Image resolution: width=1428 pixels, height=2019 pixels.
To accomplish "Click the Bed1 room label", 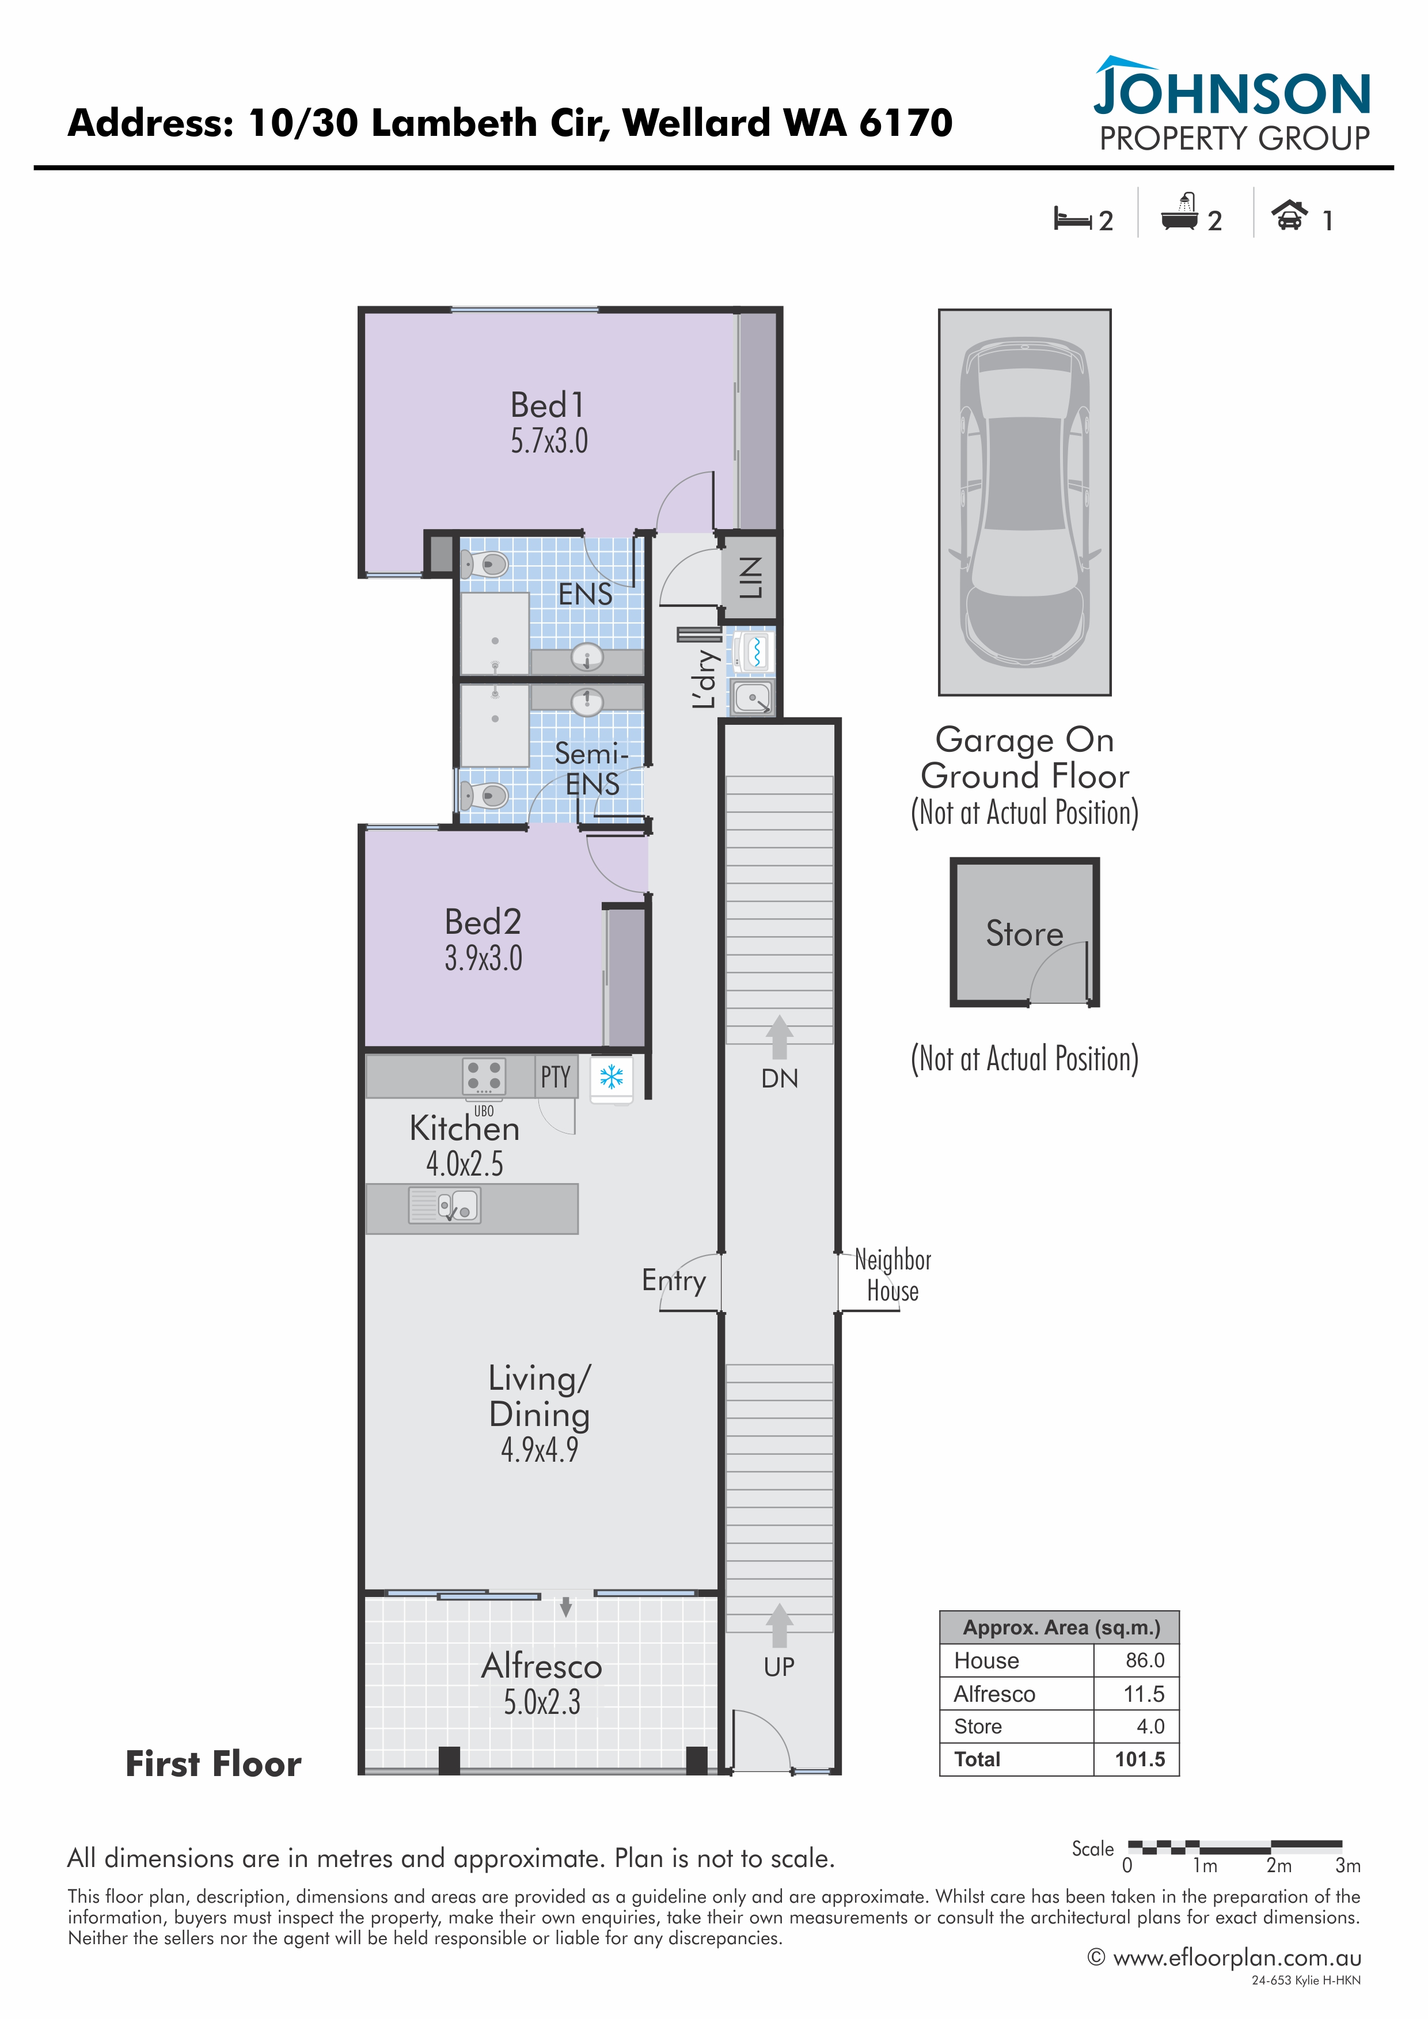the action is [547, 405].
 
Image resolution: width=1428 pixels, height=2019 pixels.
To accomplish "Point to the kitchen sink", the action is [444, 1205].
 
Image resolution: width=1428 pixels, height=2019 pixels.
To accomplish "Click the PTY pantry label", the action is [556, 1077].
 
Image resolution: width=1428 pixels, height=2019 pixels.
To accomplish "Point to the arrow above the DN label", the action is [779, 1037].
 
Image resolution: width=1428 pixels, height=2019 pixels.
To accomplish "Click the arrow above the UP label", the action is [779, 1625].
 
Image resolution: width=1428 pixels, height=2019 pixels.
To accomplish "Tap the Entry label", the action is [674, 1281].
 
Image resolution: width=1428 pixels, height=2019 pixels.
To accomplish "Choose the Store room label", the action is [1024, 933].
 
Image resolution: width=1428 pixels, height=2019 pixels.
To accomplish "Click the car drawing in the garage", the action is [1024, 502].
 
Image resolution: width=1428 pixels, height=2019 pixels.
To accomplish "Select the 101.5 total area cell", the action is [1140, 1759].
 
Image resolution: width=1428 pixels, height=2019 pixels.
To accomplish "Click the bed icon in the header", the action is [1073, 218].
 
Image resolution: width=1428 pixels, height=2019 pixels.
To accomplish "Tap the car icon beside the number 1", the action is [1289, 215].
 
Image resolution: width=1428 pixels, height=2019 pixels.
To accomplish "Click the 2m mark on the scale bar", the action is [1278, 1865].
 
